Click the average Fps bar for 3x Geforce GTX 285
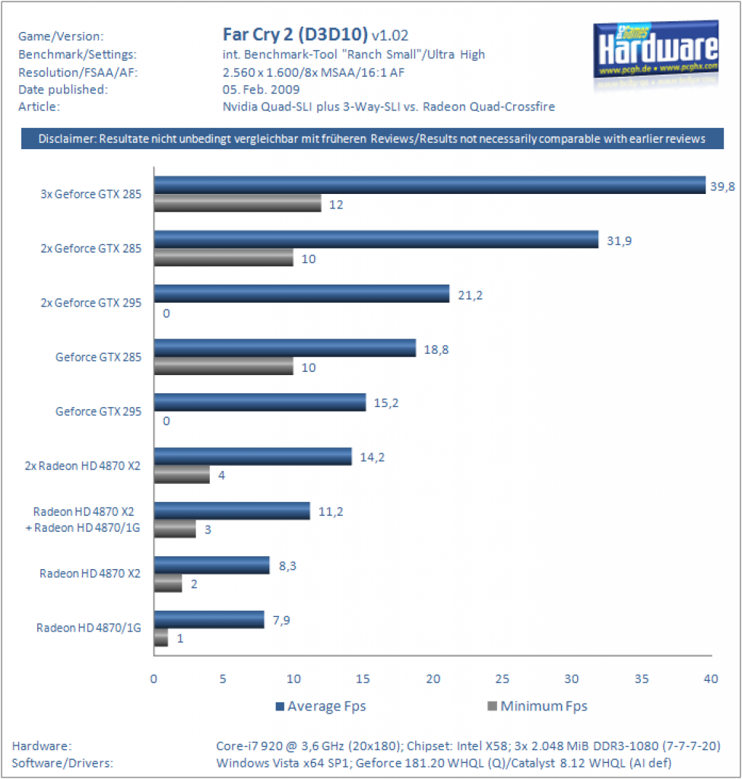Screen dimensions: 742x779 click(x=430, y=185)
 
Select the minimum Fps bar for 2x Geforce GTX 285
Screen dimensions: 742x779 click(x=224, y=257)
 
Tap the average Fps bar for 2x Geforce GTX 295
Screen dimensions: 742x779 click(x=302, y=294)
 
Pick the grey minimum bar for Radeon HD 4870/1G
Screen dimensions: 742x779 click(x=161, y=638)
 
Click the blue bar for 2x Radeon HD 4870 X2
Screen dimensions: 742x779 click(x=253, y=456)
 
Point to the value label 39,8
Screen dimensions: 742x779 click(x=722, y=187)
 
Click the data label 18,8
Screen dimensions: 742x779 click(x=436, y=350)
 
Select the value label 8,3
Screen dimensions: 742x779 click(x=287, y=566)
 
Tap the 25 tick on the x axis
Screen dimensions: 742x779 click(x=502, y=679)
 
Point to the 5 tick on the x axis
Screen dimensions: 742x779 click(x=223, y=679)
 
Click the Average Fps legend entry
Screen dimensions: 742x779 click(x=321, y=706)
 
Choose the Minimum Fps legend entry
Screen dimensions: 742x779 click(x=537, y=706)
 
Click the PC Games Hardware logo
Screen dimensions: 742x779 click(x=655, y=49)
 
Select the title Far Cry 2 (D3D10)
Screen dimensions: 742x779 click(x=295, y=34)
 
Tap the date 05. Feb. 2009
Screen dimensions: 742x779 click(x=262, y=90)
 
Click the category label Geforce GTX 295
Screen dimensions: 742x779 click(x=98, y=412)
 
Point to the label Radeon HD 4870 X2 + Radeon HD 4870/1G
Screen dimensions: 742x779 click(x=83, y=520)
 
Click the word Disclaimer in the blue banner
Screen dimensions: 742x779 click(x=67, y=138)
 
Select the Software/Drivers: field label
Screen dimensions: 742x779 click(x=62, y=763)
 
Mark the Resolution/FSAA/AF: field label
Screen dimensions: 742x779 click(x=78, y=72)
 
